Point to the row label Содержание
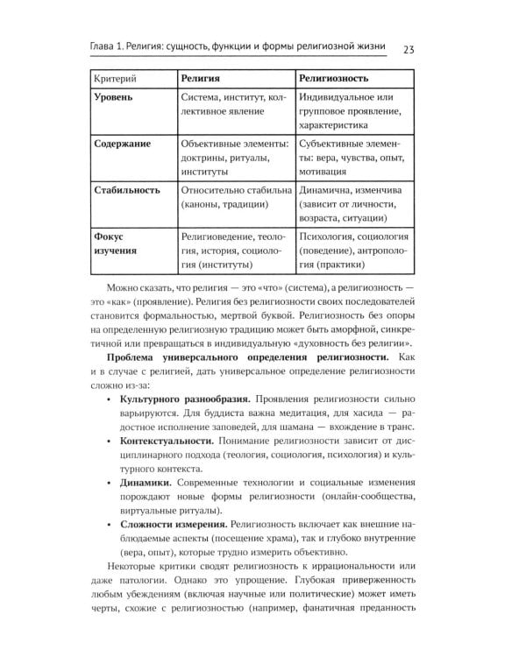(123, 143)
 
